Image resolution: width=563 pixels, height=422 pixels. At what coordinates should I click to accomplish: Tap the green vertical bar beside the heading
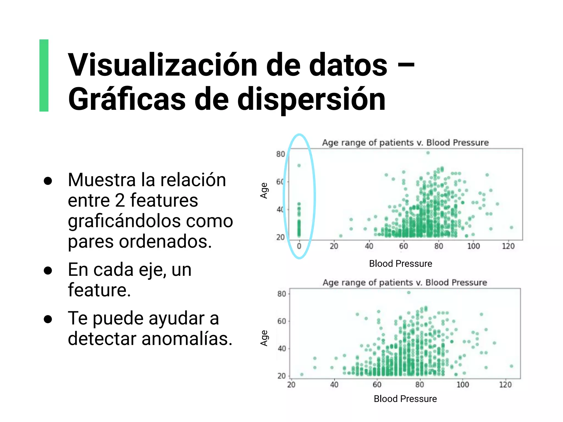click(x=44, y=75)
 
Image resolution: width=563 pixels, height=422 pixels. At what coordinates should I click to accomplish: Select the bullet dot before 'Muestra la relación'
click(x=48, y=181)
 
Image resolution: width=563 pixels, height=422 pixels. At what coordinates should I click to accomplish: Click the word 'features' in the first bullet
click(x=164, y=200)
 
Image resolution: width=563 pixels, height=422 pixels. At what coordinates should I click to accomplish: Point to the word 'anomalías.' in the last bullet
click(x=187, y=338)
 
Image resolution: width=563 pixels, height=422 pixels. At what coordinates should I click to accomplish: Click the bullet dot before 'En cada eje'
click(x=48, y=270)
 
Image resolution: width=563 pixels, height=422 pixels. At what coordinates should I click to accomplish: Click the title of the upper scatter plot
click(x=405, y=143)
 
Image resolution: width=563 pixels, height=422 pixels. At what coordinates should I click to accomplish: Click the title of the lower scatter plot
click(x=405, y=282)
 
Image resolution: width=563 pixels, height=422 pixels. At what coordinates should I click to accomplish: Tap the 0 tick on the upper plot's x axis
click(x=299, y=246)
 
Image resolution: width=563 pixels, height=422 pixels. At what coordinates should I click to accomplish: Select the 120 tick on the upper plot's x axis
click(x=508, y=246)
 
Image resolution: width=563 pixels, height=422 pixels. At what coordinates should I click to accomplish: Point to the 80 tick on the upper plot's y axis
click(x=280, y=154)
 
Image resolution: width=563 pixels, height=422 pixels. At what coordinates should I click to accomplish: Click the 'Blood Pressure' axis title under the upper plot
click(x=401, y=263)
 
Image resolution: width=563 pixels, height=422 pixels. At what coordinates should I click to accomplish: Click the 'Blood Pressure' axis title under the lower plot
click(x=405, y=399)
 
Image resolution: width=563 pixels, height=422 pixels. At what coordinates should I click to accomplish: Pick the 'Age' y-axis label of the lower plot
click(x=264, y=338)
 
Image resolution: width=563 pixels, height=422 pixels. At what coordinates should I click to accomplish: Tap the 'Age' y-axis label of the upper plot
click(x=264, y=190)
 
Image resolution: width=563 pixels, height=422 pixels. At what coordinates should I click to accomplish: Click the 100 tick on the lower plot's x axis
click(x=463, y=385)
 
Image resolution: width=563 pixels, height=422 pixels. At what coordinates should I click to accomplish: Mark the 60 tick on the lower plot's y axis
click(x=282, y=321)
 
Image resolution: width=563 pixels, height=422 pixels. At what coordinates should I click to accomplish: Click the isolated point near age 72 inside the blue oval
click(x=299, y=165)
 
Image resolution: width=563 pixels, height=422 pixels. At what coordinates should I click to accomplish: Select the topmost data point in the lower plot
click(x=409, y=293)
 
